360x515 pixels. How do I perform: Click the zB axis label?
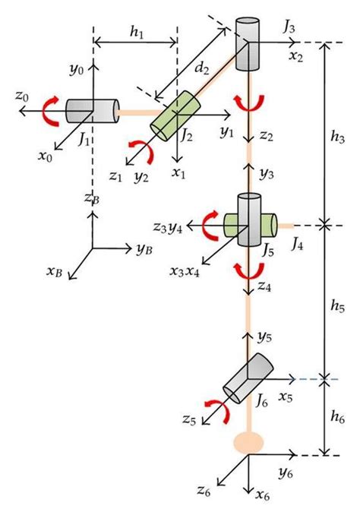[x=92, y=198]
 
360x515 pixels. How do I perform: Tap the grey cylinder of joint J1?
[x=92, y=111]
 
